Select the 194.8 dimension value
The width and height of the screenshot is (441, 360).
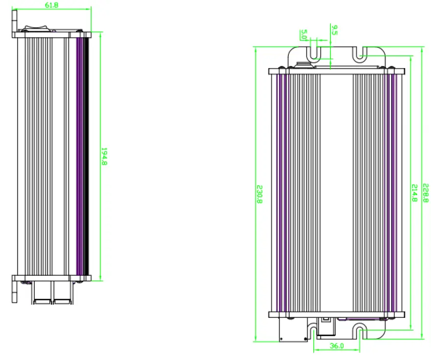[104, 156]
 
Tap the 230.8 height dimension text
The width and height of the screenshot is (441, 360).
[260, 194]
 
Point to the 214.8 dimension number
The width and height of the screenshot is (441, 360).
[414, 193]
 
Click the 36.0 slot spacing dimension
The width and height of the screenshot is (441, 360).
[336, 346]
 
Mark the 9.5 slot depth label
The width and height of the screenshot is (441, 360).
[334, 30]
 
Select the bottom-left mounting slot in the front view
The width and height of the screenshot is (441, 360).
[314, 333]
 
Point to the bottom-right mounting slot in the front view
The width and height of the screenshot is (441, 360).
[360, 333]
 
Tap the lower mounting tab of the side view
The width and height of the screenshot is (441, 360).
[15, 291]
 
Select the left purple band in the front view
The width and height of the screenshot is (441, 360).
[281, 193]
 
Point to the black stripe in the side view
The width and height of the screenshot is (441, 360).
[88, 156]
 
